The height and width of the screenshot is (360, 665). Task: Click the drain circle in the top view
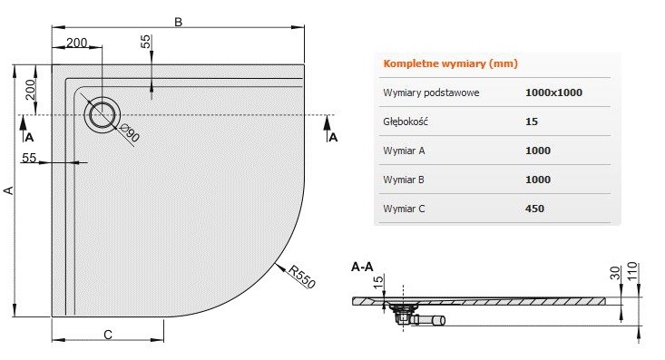[103, 114]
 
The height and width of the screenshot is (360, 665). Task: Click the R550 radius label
[301, 275]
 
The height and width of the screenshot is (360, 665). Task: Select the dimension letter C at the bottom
[107, 335]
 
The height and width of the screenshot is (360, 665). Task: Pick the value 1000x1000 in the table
[553, 92]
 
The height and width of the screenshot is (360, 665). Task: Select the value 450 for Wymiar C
[536, 209]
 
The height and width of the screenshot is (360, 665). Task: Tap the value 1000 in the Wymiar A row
[538, 151]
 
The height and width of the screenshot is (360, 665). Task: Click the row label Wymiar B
[405, 180]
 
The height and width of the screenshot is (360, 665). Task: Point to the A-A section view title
[362, 268]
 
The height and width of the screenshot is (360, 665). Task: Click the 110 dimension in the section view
[644, 270]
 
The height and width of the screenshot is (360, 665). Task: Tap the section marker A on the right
[333, 138]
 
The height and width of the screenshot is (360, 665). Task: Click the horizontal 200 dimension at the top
[78, 43]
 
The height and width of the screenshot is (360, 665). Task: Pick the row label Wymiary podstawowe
[432, 92]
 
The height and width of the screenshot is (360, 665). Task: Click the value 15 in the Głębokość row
[532, 122]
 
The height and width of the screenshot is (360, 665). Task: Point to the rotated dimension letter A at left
[10, 190]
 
